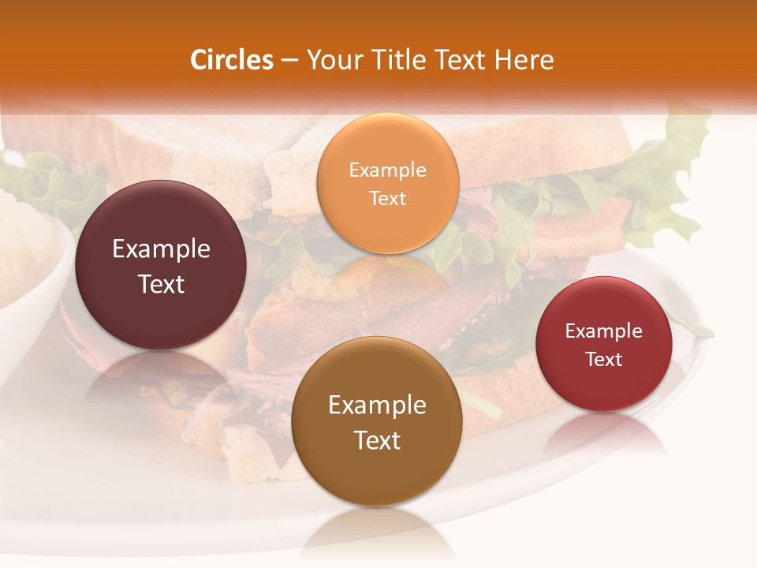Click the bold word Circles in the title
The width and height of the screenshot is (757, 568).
pos(232,60)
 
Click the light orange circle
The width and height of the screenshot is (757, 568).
pos(387,183)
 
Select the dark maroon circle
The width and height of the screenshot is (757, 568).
pos(161,265)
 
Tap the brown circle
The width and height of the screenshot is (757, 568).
pos(377,421)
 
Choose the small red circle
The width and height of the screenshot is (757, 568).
pos(604,344)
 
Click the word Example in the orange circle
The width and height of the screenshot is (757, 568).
pos(387,170)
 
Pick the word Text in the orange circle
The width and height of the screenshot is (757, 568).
pos(387,198)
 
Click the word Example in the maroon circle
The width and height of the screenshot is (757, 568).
pos(161,248)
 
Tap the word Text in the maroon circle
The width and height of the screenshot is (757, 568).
pos(161,284)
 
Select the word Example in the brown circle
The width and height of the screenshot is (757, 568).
pos(377,405)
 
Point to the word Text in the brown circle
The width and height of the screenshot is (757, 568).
pos(377,440)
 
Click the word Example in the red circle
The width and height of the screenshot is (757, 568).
pos(604,331)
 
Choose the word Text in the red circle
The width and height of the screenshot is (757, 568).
pos(604,359)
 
